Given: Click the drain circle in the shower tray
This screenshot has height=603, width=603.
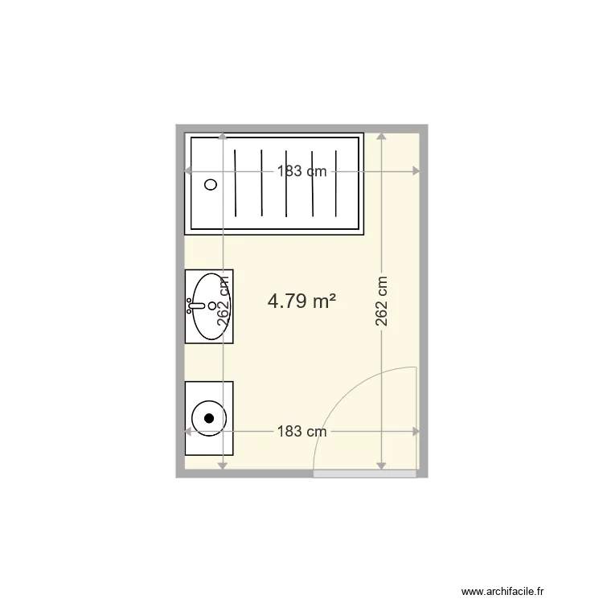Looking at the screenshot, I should pos(211,184).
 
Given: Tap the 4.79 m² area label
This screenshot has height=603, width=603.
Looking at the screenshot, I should pos(301,301).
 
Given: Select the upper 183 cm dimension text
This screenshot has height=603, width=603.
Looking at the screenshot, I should pos(302,170).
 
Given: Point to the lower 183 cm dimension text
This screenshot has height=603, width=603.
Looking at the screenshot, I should pos(302,431).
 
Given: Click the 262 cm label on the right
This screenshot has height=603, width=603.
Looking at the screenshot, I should pos(382,302).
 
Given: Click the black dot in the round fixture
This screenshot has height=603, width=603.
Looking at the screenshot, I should pos(210,418).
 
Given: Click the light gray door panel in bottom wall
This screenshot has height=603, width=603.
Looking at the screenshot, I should pos(365,474).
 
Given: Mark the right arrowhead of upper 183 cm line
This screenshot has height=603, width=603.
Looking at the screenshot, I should pos(416,170).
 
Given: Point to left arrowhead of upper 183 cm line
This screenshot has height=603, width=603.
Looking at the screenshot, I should pos(188,170).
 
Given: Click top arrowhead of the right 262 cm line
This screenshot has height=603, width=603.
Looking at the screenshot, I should pos(382,137).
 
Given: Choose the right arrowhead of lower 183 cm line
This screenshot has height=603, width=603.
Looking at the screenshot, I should pos(416,432).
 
